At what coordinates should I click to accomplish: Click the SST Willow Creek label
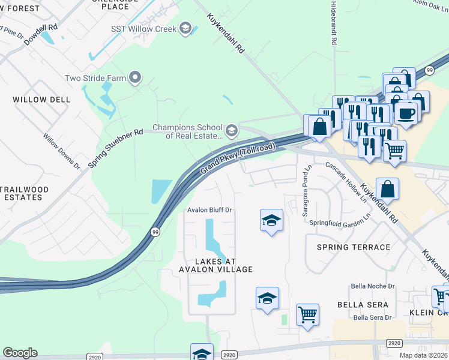click(143, 29)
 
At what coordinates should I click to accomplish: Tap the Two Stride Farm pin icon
click(135, 77)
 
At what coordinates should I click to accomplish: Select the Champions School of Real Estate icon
click(232, 130)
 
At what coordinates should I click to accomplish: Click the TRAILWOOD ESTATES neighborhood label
click(24, 193)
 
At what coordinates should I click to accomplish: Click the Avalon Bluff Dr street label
click(209, 210)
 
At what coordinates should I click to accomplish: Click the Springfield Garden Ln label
click(337, 223)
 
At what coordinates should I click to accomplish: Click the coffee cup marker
click(406, 113)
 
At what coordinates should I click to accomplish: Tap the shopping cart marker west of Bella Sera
click(307, 314)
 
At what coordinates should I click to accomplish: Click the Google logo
click(20, 353)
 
